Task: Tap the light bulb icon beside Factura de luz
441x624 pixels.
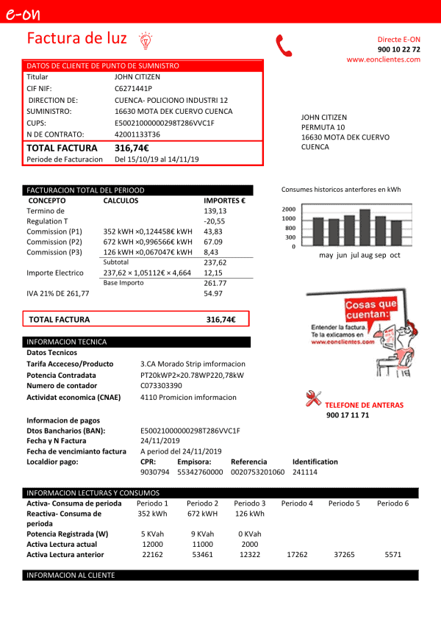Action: pyautogui.click(x=145, y=39)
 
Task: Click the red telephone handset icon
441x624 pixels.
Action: pyautogui.click(x=284, y=46)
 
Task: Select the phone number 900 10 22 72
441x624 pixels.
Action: pyautogui.click(x=399, y=49)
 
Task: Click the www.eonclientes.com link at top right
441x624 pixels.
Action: pyautogui.click(x=384, y=60)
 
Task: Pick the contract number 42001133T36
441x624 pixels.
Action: pyautogui.click(x=137, y=135)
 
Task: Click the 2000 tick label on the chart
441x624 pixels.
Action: pyautogui.click(x=288, y=209)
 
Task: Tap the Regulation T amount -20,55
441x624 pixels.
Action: pyautogui.click(x=214, y=221)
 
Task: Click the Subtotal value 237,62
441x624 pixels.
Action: pyautogui.click(x=215, y=262)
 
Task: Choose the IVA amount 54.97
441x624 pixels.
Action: pyautogui.click(x=213, y=294)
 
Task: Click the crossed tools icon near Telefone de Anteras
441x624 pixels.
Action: pyautogui.click(x=313, y=399)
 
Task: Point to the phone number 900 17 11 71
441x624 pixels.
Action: pyautogui.click(x=348, y=415)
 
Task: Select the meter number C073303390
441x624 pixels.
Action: pyautogui.click(x=161, y=385)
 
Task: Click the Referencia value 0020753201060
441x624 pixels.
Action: pyautogui.click(x=257, y=473)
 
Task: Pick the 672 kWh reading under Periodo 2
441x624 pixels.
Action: pyautogui.click(x=203, y=514)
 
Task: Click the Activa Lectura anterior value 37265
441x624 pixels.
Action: pyautogui.click(x=344, y=555)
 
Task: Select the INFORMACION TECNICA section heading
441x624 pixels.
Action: pyautogui.click(x=67, y=342)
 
